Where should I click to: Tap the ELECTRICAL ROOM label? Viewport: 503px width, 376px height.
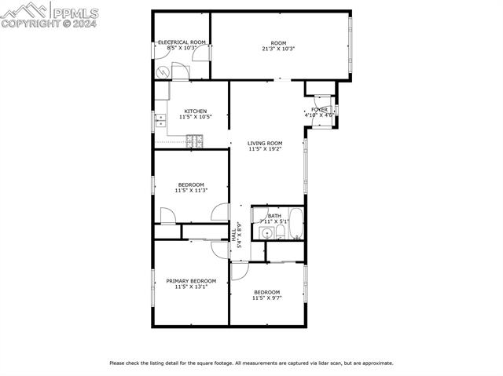click(182, 42)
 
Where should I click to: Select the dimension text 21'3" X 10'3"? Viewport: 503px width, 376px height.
click(278, 49)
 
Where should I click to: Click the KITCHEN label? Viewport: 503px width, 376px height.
click(196, 111)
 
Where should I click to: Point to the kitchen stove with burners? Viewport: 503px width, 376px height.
click(193, 141)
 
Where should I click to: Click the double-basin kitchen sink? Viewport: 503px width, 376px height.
click(160, 120)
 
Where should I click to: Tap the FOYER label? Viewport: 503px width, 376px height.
click(319, 110)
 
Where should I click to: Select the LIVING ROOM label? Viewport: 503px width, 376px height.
click(265, 143)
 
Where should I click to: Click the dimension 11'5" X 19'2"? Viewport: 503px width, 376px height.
click(265, 149)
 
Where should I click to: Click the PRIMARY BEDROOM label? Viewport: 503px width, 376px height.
click(191, 280)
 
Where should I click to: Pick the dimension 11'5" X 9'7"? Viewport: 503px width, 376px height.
click(266, 298)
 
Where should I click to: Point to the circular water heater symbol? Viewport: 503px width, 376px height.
click(163, 71)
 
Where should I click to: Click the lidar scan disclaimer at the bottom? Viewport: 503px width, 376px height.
click(251, 363)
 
